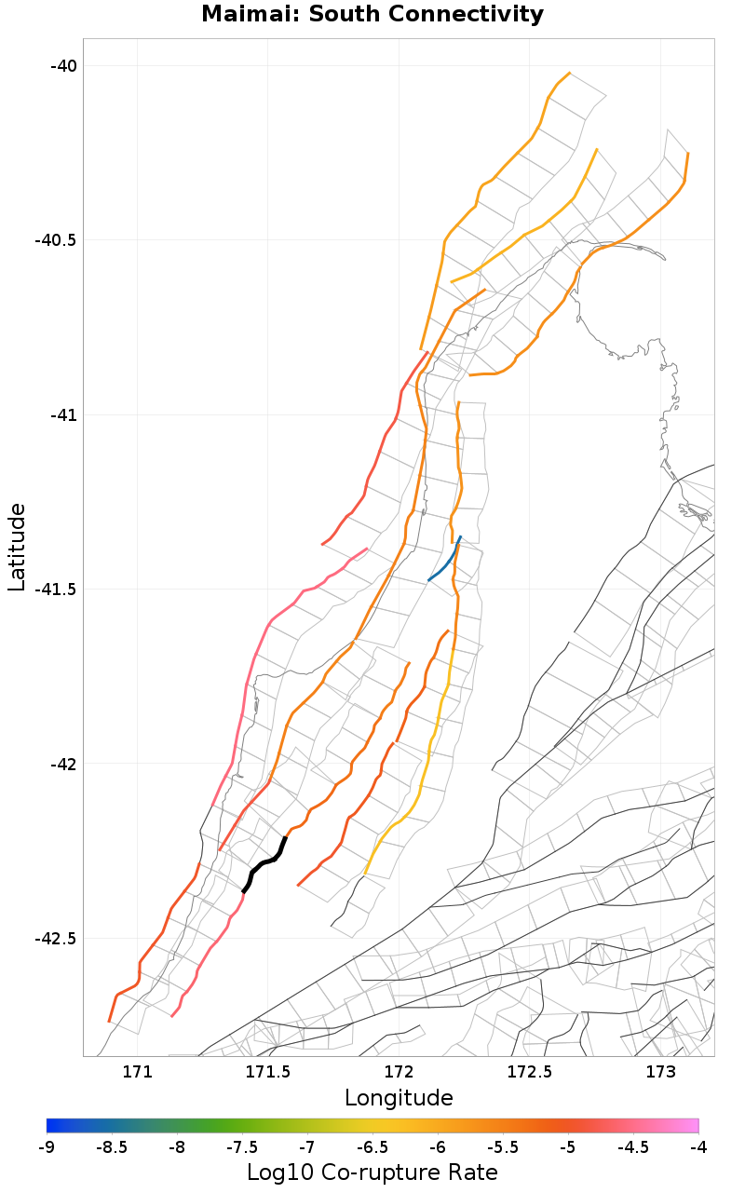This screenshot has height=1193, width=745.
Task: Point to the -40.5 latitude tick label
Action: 56,240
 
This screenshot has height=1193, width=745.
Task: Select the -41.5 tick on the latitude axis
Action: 56,590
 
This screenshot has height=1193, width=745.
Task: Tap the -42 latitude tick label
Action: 62,764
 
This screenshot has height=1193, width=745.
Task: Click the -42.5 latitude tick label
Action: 56,939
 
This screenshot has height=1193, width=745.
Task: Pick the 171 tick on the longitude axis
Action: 137,1072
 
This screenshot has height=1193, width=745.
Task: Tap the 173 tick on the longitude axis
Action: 660,1072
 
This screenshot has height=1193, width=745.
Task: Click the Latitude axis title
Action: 17,547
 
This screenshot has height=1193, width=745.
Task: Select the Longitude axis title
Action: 399,1098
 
